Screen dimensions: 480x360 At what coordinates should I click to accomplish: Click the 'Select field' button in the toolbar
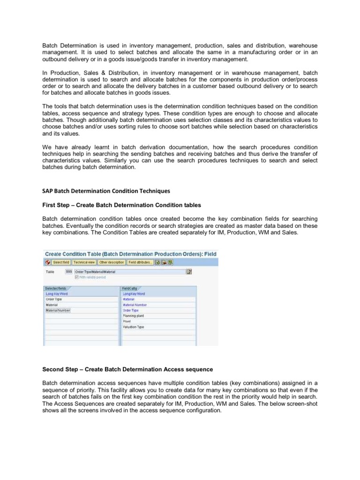click(60, 262)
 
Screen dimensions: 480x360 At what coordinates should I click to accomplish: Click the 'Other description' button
click(112, 262)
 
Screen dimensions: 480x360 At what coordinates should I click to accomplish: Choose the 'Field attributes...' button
click(140, 262)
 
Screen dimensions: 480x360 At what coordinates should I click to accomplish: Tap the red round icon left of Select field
click(47, 262)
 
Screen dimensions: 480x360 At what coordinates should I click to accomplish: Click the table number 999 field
click(69, 271)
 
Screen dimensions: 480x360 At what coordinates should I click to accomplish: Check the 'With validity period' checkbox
click(70, 277)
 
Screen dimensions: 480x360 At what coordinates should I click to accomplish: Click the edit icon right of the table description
click(189, 271)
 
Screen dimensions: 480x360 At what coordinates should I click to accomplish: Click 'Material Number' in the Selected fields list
click(58, 310)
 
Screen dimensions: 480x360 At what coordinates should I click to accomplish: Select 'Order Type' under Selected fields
click(53, 299)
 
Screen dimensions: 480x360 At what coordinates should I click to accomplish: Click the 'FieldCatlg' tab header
click(130, 288)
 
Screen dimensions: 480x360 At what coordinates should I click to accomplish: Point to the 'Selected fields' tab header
click(56, 288)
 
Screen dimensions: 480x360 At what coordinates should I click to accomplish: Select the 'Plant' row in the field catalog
click(127, 322)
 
